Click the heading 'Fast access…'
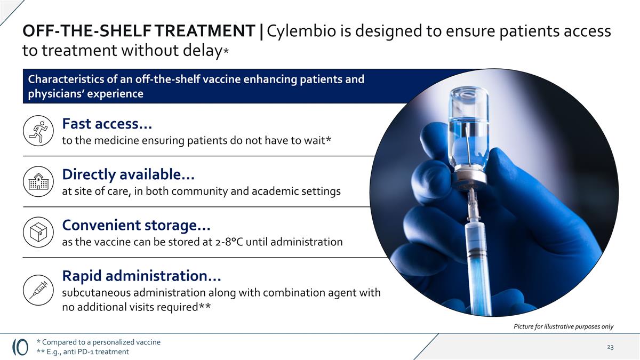tap(107, 124)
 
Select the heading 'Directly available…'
tap(129, 174)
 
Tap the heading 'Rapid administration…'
tap(141, 276)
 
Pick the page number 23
tap(610, 347)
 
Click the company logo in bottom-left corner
tap(20, 347)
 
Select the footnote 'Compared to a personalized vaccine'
tap(101, 342)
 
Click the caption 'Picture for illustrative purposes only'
tap(563, 326)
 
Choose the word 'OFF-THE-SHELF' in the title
tap(79, 31)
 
